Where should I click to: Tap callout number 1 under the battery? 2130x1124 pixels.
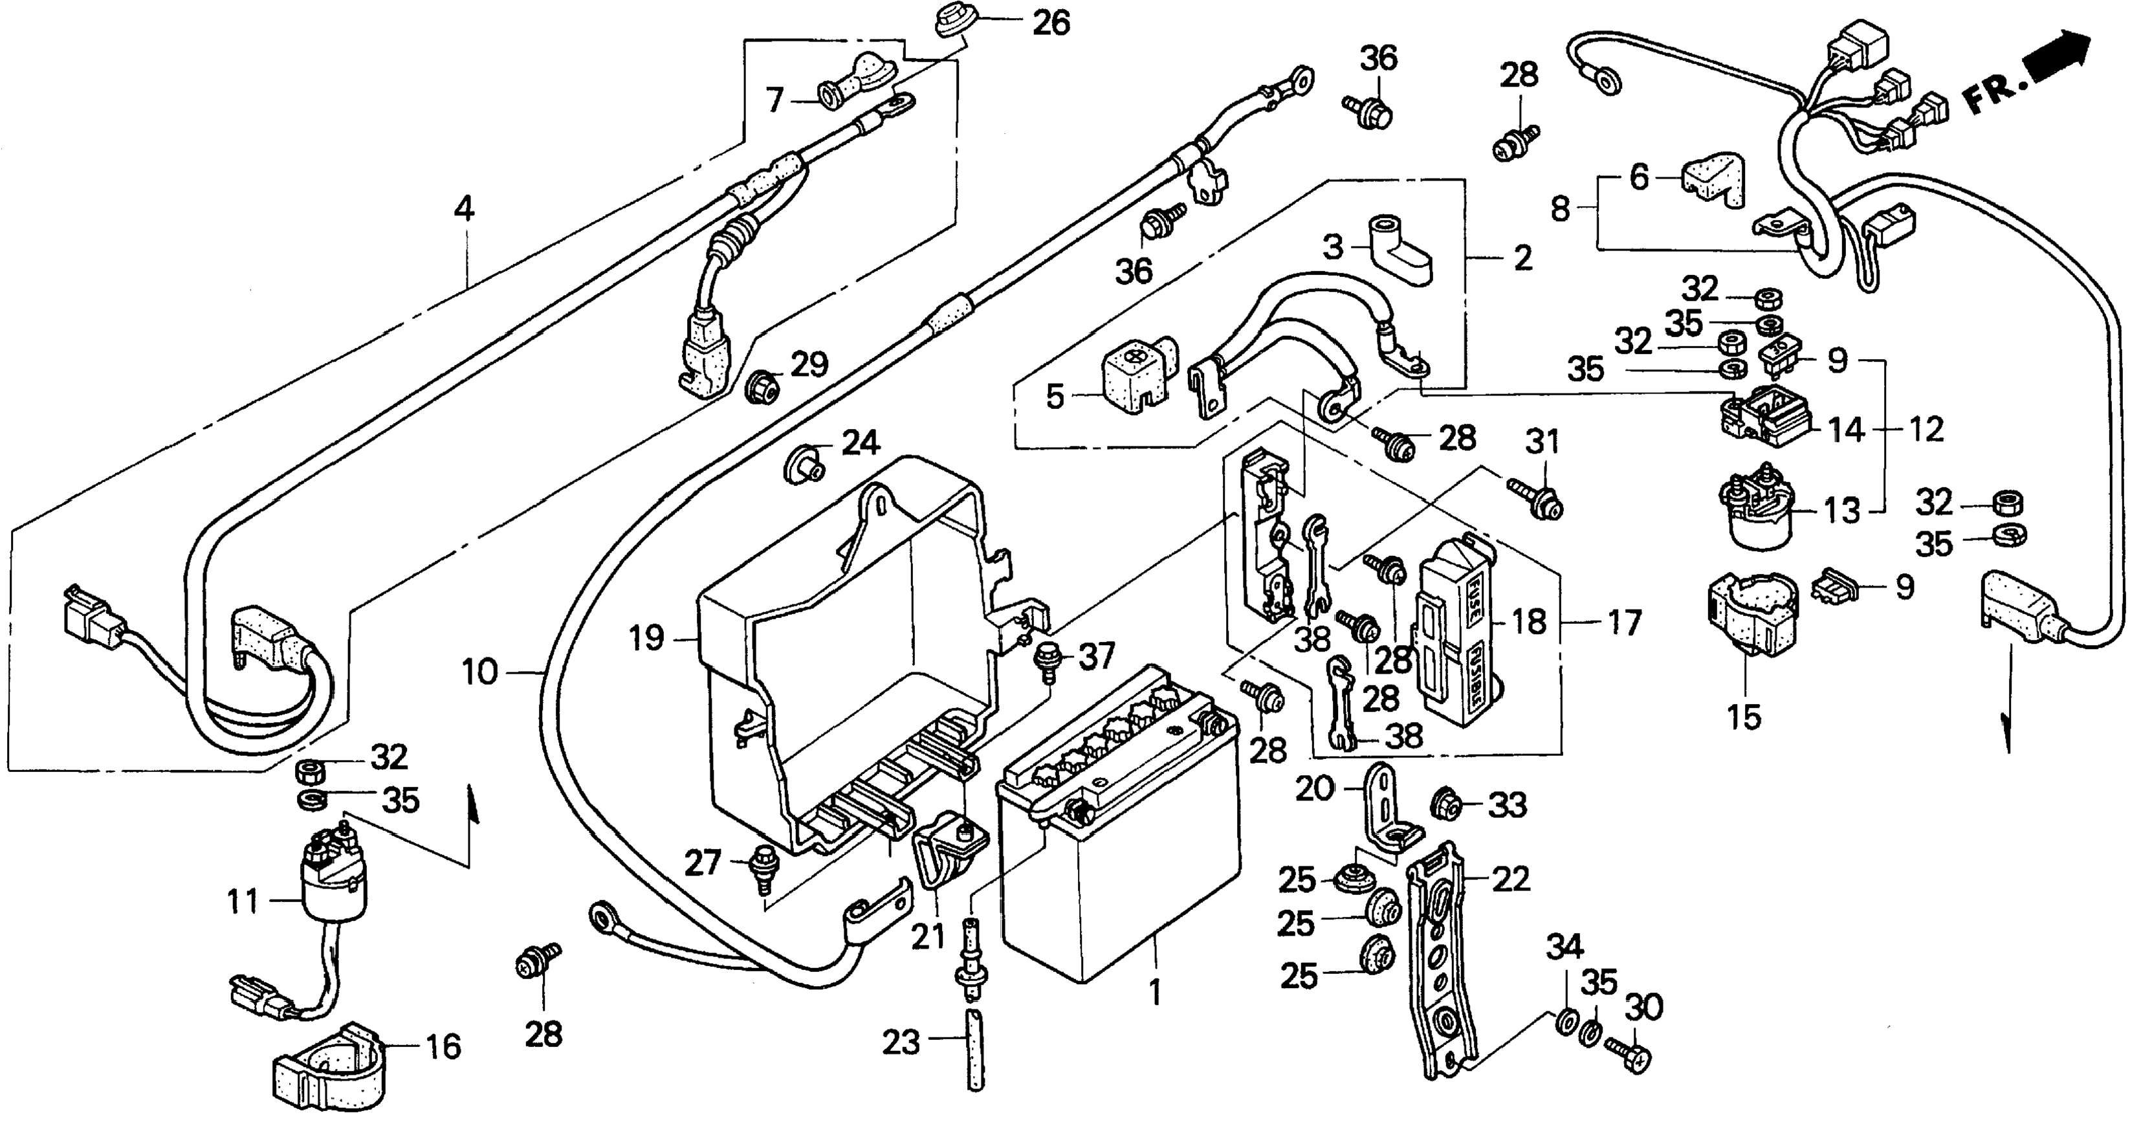coord(1156,993)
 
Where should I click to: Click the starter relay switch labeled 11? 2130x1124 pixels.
coord(333,877)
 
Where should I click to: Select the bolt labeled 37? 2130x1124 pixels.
coord(1047,662)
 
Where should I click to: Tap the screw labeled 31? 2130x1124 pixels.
coord(1532,499)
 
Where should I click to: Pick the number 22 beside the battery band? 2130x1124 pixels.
coord(1511,879)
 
